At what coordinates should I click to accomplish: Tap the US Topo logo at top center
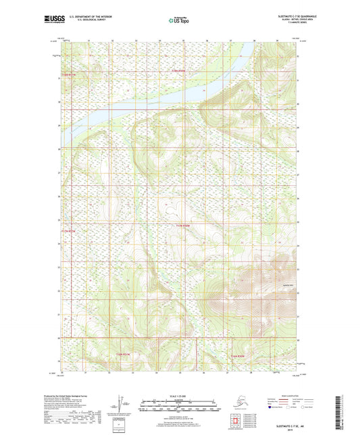[x=178, y=21]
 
